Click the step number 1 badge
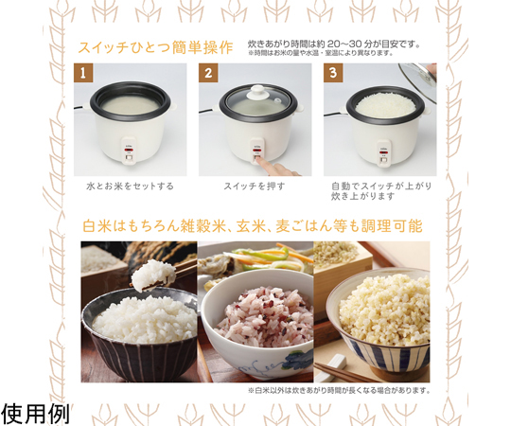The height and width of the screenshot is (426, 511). point(83,73)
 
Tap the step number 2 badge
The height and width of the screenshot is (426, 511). point(208,73)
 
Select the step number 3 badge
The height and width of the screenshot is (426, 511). point(333,73)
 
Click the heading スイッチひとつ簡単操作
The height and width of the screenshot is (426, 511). point(155,47)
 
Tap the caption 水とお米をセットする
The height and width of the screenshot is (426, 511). point(130,186)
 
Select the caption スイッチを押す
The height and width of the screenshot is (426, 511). point(255,186)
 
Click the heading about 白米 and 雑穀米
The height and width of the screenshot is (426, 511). point(253,226)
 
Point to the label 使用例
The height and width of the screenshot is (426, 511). point(35,414)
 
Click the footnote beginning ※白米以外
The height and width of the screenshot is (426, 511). point(339,390)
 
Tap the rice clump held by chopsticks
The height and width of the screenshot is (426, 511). point(152,275)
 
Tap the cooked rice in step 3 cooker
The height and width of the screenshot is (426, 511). point(386,105)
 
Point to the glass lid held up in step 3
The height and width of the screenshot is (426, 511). point(419,80)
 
